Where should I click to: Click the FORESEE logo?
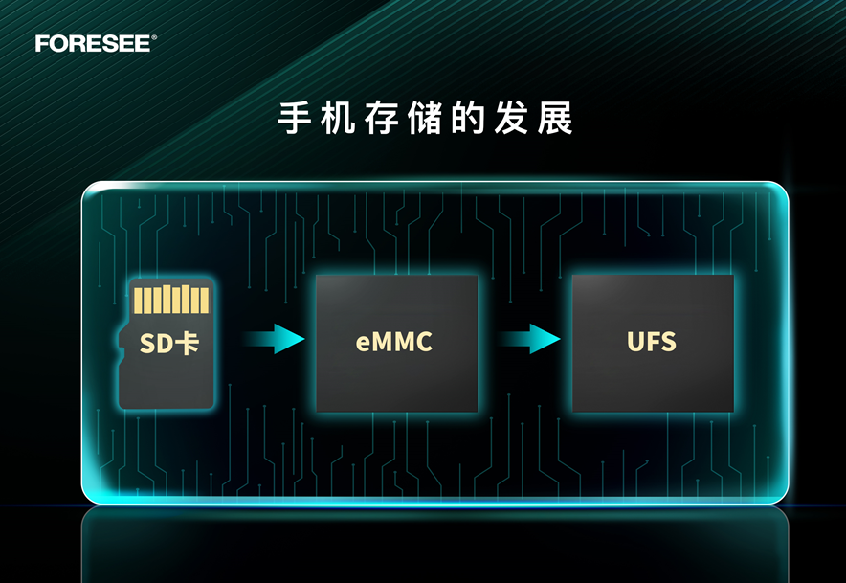point(96,44)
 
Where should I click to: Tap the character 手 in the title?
point(295,117)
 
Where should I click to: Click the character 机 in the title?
point(338,117)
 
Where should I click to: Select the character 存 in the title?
point(382,117)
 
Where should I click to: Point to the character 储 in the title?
point(425,117)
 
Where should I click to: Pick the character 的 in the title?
point(468,117)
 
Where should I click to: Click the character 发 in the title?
point(511,117)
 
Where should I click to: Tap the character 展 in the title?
point(555,117)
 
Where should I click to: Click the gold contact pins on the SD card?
point(171,300)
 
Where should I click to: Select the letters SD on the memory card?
point(156,344)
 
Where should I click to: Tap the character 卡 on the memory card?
point(188,344)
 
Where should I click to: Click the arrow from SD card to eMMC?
point(274,339)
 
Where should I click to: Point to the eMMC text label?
point(394,342)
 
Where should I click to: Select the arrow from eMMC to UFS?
point(529,339)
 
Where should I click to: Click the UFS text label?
point(651,342)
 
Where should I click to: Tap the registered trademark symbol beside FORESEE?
point(154,37)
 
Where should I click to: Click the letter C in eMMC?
point(424,342)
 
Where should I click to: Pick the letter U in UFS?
point(635,342)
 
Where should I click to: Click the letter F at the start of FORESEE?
point(42,44)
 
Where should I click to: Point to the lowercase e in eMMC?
point(363,345)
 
